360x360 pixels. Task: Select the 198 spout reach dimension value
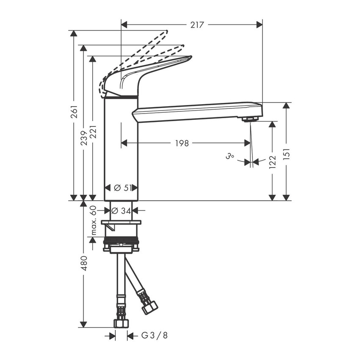pyautogui.click(x=182, y=143)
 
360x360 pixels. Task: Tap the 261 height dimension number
pyautogui.click(x=74, y=111)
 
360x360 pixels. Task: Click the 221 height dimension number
pyautogui.click(x=94, y=132)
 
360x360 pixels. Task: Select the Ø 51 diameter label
pyautogui.click(x=122, y=188)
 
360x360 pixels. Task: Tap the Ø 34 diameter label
pyautogui.click(x=122, y=210)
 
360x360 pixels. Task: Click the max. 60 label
pyautogui.click(x=94, y=221)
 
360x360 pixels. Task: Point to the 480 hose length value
pyautogui.click(x=84, y=263)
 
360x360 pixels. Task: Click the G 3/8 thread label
pyautogui.click(x=154, y=335)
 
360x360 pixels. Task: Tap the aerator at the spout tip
pyautogui.click(x=250, y=119)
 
